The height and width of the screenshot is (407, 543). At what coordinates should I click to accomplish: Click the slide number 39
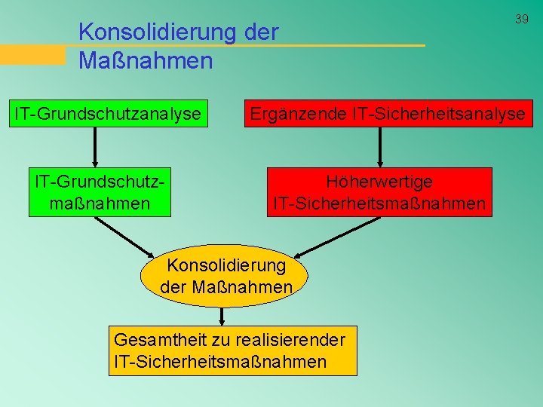522,19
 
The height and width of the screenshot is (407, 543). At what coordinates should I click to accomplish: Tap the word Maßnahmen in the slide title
146,60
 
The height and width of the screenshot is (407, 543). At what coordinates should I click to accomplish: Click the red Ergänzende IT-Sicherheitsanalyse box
388,114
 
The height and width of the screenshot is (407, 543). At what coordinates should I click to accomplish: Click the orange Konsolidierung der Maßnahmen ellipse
225,277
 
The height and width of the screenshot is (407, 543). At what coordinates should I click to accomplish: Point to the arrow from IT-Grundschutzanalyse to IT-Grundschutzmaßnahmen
94,147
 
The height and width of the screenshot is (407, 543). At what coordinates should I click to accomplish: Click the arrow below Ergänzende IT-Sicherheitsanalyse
380,147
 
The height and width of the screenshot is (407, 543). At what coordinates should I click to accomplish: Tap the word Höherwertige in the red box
379,182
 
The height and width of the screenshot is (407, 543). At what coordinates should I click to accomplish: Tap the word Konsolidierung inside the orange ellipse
225,265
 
